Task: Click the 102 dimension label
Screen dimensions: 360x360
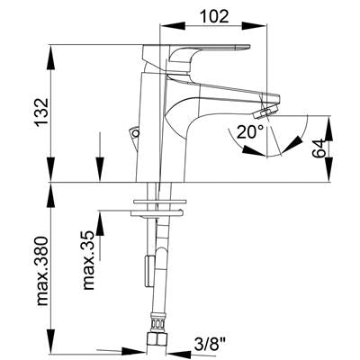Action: [x=214, y=16]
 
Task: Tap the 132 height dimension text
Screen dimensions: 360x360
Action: [x=41, y=112]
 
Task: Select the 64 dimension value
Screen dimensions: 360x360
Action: [x=319, y=148]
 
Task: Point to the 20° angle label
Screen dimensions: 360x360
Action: [x=250, y=131]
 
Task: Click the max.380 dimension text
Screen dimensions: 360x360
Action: [x=42, y=271]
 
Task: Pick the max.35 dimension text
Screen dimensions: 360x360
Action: [x=89, y=260]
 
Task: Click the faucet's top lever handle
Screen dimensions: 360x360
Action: [x=196, y=55]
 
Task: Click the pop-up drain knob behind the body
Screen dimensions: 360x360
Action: [x=134, y=132]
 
